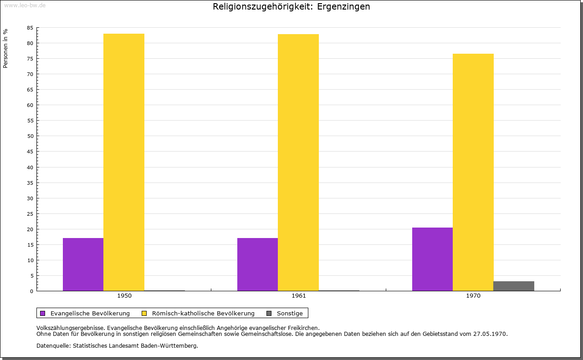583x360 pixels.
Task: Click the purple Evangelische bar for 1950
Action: click(83, 264)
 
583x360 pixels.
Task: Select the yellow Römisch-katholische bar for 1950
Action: click(124, 162)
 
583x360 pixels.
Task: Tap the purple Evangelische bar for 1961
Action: click(257, 264)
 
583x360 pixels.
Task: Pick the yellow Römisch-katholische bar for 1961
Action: click(298, 162)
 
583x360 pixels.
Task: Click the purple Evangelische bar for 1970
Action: click(432, 259)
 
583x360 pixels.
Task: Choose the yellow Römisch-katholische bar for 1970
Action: click(473, 172)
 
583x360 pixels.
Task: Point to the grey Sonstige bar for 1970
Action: click(514, 286)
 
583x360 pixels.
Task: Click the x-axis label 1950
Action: click(124, 296)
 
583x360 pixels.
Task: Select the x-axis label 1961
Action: click(299, 296)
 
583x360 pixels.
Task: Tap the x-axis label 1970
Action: click(473, 296)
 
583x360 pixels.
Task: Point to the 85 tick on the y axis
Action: click(30, 28)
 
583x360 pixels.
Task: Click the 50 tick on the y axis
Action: click(30, 136)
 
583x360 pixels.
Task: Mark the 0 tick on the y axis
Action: click(32, 291)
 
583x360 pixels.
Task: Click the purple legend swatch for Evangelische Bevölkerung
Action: click(43, 313)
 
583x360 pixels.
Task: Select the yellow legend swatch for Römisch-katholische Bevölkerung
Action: click(144, 313)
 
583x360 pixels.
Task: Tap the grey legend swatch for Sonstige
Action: click(269, 313)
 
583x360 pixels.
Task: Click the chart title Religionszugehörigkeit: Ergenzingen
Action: click(291, 7)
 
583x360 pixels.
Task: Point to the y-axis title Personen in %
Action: click(5, 48)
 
